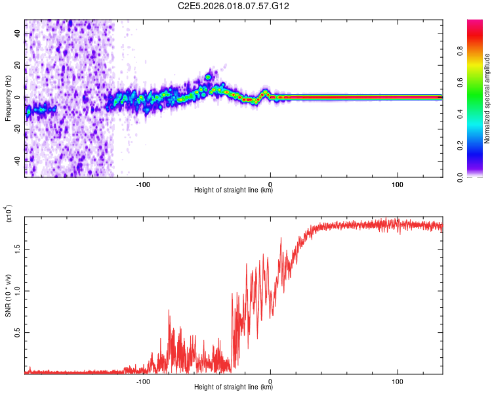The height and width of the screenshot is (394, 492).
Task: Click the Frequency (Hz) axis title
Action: pyautogui.click(x=8, y=98)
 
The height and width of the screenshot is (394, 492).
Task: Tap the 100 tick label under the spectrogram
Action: pyautogui.click(x=398, y=184)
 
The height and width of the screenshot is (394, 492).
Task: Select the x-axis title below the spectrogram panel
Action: pyautogui.click(x=234, y=190)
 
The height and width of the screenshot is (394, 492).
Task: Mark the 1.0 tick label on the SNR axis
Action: pyautogui.click(x=18, y=290)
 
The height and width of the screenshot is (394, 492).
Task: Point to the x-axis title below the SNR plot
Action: pyautogui.click(x=234, y=387)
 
